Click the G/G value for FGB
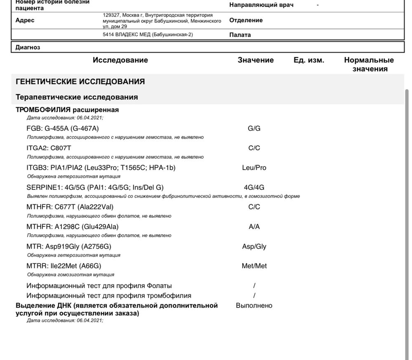[x=254, y=128]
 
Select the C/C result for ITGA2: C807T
[x=254, y=148]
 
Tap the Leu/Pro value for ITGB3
[x=254, y=168]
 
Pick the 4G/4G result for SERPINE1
[x=254, y=187]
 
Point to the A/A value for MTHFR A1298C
[x=254, y=227]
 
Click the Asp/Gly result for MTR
[x=254, y=247]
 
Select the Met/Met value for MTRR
[x=254, y=266]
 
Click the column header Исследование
[x=120, y=60]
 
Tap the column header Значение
[x=255, y=60]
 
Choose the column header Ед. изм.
[x=309, y=60]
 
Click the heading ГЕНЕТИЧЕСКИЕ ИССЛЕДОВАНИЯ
[x=80, y=82]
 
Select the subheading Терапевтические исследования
[x=77, y=97]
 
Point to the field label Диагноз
[x=28, y=47]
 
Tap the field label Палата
[x=240, y=35]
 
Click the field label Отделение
[x=246, y=20]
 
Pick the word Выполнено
[x=254, y=306]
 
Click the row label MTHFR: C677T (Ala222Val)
[x=70, y=207]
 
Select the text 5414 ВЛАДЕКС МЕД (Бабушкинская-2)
[x=148, y=35]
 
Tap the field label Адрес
[x=25, y=20]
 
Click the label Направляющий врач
[x=261, y=5]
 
